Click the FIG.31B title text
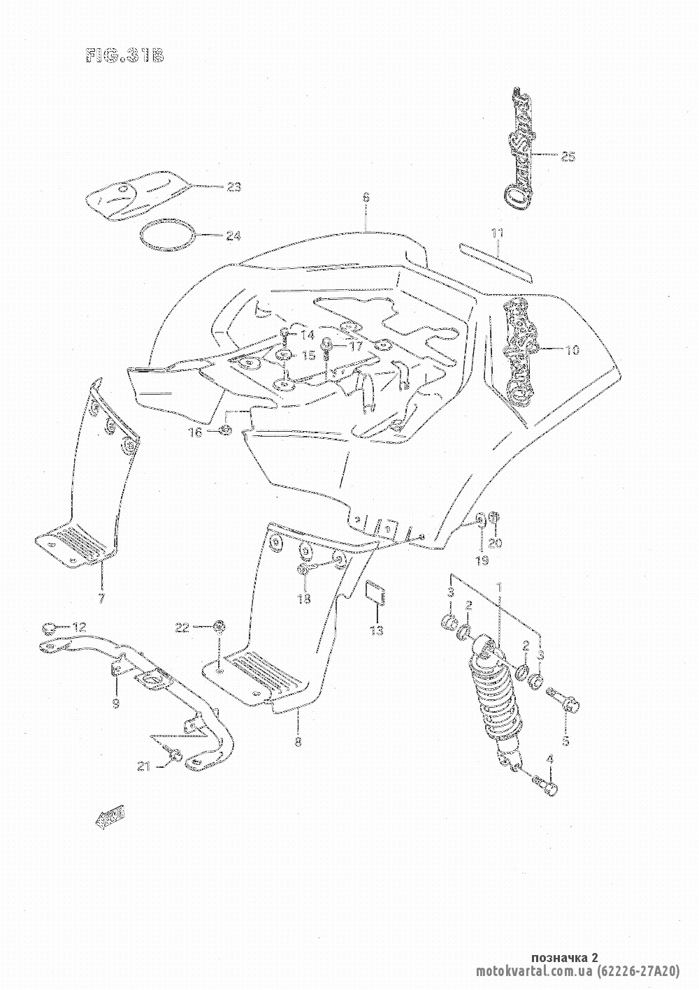(x=124, y=56)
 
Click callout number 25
(x=568, y=156)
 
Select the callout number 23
(x=232, y=187)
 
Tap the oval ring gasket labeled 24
(x=166, y=235)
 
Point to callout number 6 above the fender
(x=366, y=198)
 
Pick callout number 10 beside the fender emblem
(x=572, y=349)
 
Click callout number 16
(x=194, y=433)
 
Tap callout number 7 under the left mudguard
(x=101, y=598)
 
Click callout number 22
(x=182, y=628)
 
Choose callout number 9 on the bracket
(x=115, y=704)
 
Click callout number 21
(x=143, y=767)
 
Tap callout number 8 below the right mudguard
(x=298, y=742)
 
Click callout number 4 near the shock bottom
(x=549, y=759)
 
